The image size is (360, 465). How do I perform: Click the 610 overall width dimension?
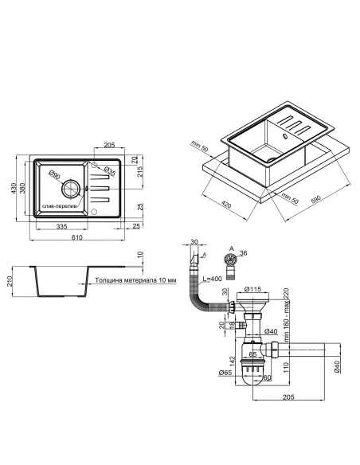coord(76,237)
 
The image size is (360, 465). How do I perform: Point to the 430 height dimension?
coord(14,189)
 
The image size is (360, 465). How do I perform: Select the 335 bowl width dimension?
coord(61,227)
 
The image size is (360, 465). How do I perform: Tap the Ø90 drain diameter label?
coord(55,174)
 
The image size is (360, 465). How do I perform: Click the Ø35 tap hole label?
coord(109,171)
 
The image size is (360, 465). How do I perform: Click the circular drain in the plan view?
coord(71,189)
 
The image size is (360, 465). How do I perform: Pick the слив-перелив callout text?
coord(59,206)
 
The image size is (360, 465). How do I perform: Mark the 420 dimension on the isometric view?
coord(226,205)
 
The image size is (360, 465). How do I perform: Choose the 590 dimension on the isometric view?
coord(316,200)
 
